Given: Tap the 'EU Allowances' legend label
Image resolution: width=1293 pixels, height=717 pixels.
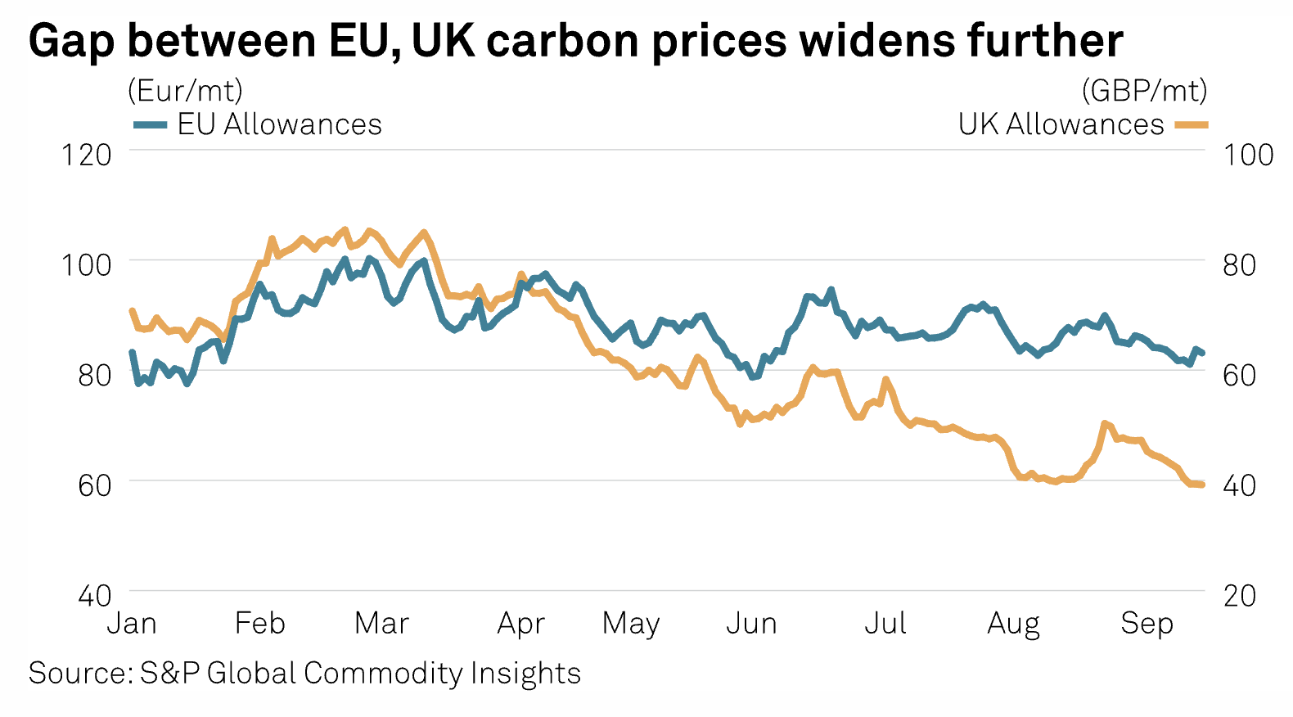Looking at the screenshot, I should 279,124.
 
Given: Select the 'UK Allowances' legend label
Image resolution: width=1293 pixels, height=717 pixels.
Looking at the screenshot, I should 1061,124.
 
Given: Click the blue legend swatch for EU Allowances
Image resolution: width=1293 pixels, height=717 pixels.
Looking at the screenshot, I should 151,125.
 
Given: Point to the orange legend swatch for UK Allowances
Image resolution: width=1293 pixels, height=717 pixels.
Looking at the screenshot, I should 1191,125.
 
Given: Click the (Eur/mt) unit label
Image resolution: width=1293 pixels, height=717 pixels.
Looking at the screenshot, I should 185,90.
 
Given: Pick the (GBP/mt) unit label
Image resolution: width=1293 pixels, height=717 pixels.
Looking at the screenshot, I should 1144,90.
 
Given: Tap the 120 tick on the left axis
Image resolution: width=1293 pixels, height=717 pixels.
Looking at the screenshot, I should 86,155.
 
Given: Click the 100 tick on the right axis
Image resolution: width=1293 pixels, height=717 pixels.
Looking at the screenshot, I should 1248,155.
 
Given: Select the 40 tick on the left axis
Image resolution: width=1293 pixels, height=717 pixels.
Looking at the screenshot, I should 95,595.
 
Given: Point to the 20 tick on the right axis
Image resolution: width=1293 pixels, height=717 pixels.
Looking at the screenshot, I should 1239,595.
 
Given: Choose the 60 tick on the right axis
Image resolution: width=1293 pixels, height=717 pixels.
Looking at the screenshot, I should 1239,375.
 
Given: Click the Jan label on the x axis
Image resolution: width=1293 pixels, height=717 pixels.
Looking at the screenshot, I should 132,624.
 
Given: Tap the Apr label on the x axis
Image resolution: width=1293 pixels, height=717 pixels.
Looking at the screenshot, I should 520,624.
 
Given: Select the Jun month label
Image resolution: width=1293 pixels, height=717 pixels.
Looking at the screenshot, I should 751,624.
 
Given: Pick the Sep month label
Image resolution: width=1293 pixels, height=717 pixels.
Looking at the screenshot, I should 1147,624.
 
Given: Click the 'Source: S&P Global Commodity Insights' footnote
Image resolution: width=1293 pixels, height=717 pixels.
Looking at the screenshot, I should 304,673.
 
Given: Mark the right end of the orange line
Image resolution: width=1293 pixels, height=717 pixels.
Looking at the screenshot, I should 1201,485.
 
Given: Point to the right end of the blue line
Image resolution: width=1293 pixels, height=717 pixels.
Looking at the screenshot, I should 1201,353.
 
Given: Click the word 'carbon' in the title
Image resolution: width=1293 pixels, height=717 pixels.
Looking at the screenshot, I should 562,40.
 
